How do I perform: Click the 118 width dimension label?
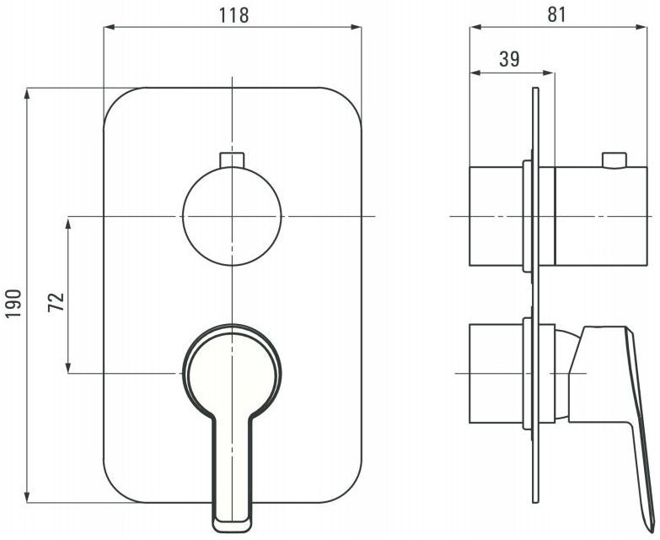coord(233,16)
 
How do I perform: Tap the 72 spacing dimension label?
coord(56,301)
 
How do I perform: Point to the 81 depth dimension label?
coord(556,14)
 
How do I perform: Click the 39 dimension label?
coord(509,59)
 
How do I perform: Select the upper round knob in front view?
coord(232,216)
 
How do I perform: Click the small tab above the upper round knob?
coord(232,159)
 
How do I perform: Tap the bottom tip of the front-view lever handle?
coord(232,531)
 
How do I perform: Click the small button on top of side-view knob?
coord(614,160)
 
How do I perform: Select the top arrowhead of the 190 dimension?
coord(28,93)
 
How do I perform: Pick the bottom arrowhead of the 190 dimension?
coord(28,497)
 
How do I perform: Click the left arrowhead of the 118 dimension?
coord(110,27)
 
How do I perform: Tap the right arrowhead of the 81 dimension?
coord(642,27)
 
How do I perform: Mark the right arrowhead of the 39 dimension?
coord(550,73)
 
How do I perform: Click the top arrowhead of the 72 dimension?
coord(68,222)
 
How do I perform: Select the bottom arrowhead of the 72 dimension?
coord(68,367)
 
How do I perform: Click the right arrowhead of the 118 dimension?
coord(356,27)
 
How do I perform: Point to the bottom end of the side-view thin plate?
coord(535,503)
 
